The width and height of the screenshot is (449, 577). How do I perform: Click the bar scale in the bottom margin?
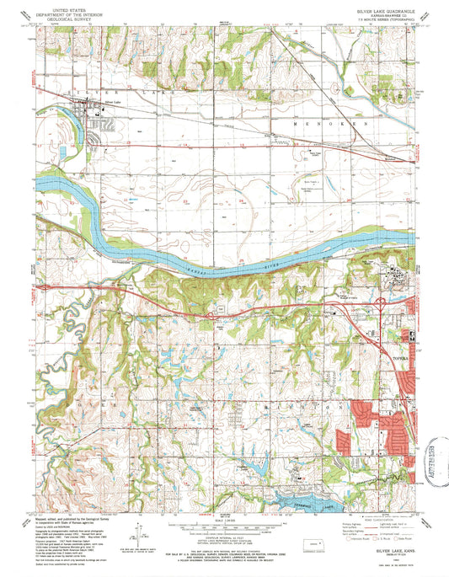point(223,521)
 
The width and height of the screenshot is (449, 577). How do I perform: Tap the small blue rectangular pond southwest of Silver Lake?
point(61,152)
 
